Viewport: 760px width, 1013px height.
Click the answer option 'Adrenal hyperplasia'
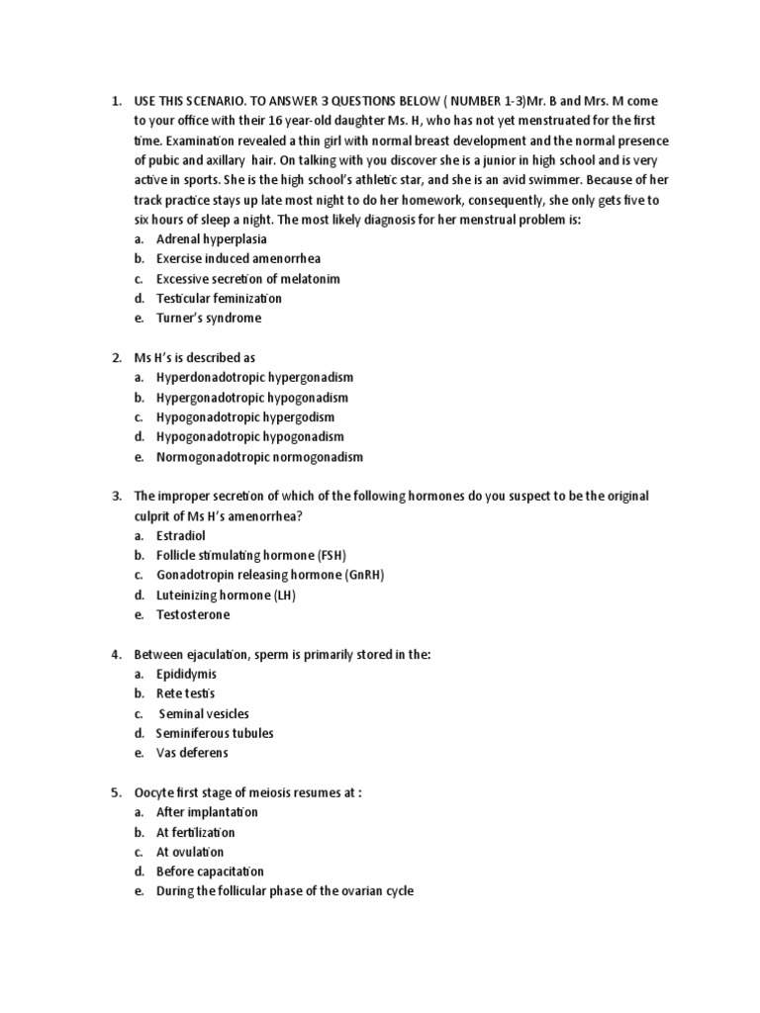point(211,239)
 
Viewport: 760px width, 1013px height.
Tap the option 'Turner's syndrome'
point(208,319)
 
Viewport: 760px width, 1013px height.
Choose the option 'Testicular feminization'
point(219,299)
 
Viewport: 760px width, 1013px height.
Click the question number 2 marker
point(116,358)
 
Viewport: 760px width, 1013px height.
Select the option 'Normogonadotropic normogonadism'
point(259,457)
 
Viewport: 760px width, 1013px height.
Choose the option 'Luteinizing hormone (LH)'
point(226,595)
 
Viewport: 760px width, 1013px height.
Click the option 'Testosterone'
point(193,614)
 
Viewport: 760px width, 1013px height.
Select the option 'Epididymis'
point(186,674)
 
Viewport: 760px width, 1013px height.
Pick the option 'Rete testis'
point(185,693)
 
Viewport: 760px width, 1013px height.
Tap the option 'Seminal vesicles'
point(204,713)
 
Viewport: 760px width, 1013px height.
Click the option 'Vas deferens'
point(192,753)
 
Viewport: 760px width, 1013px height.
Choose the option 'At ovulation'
point(190,852)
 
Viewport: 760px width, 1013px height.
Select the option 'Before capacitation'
point(210,872)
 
